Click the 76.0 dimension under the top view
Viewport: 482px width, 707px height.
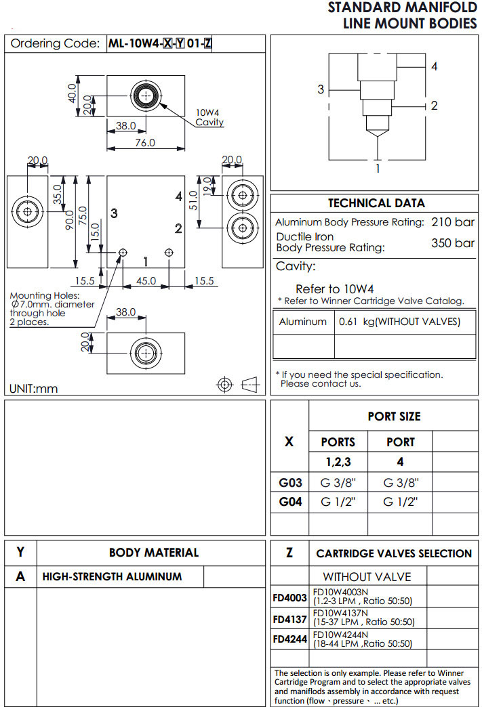[x=144, y=143]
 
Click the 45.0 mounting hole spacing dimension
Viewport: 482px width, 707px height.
[x=146, y=280]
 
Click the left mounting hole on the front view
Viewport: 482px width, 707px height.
[x=123, y=252]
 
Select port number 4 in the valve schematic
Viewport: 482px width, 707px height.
[x=434, y=66]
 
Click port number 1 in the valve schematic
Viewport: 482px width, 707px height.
[x=378, y=168]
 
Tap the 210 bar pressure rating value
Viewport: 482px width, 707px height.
[x=453, y=222]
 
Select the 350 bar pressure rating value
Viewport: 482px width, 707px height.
[x=453, y=243]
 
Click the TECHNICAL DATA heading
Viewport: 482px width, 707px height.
[x=376, y=203]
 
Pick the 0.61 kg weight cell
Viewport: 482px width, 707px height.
[x=399, y=322]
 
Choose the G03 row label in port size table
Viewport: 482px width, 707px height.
[x=289, y=483]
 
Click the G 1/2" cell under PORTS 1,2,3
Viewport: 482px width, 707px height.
[x=338, y=502]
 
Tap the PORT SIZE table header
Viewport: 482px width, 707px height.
[x=394, y=416]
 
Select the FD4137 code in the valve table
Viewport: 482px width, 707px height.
[x=290, y=619]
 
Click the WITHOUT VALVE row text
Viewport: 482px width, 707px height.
[x=367, y=577]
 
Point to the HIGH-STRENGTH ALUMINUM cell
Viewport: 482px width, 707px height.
[x=113, y=577]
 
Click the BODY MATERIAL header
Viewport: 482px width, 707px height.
[x=154, y=553]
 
